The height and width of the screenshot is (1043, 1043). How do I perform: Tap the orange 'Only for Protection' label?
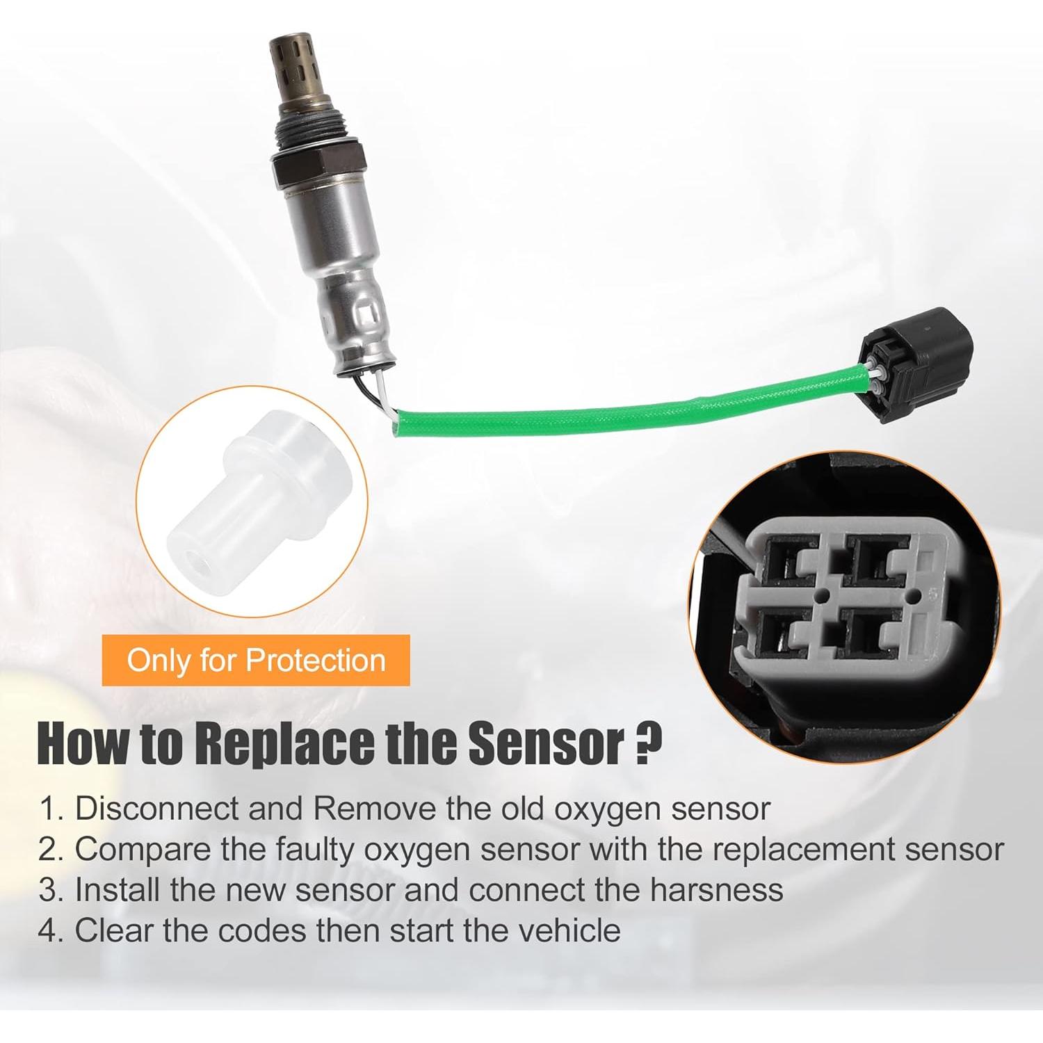[x=256, y=660]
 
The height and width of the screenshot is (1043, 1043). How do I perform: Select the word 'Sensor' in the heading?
[x=546, y=744]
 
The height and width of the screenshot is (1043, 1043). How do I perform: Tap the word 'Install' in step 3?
[x=118, y=890]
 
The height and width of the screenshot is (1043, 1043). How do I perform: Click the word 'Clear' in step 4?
[x=114, y=930]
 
